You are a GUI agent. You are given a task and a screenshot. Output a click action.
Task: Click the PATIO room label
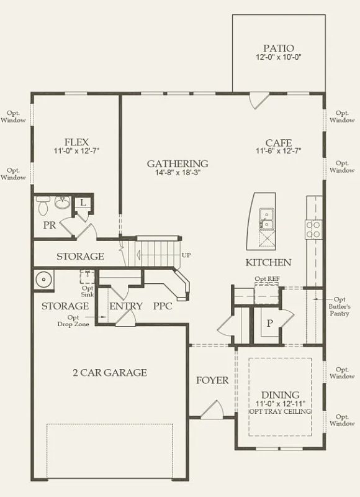279,48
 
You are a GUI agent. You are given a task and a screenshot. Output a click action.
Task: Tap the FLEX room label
76,142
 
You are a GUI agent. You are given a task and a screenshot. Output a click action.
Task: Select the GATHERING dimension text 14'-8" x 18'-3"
178,173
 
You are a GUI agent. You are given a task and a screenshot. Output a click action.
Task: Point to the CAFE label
279,143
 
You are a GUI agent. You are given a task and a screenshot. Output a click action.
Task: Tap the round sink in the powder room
63,203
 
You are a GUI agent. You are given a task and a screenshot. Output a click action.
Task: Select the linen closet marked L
83,203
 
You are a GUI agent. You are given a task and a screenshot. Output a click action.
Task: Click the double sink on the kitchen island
267,219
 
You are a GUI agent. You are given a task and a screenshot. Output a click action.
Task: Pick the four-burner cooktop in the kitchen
313,229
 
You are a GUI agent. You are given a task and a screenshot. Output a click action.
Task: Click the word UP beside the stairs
186,255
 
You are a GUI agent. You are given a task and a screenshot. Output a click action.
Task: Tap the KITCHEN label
268,262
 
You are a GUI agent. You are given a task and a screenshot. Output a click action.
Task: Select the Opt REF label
268,279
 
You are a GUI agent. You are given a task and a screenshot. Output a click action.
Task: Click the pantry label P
269,323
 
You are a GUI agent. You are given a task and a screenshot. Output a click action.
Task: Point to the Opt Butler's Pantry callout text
340,306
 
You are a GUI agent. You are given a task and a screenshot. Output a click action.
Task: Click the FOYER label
212,380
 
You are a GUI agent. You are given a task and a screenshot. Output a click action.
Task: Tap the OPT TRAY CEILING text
281,411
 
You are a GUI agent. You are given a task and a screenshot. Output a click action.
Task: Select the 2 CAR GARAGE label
110,372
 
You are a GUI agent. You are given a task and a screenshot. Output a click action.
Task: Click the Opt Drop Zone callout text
73,321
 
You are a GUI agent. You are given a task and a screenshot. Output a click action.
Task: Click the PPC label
163,306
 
